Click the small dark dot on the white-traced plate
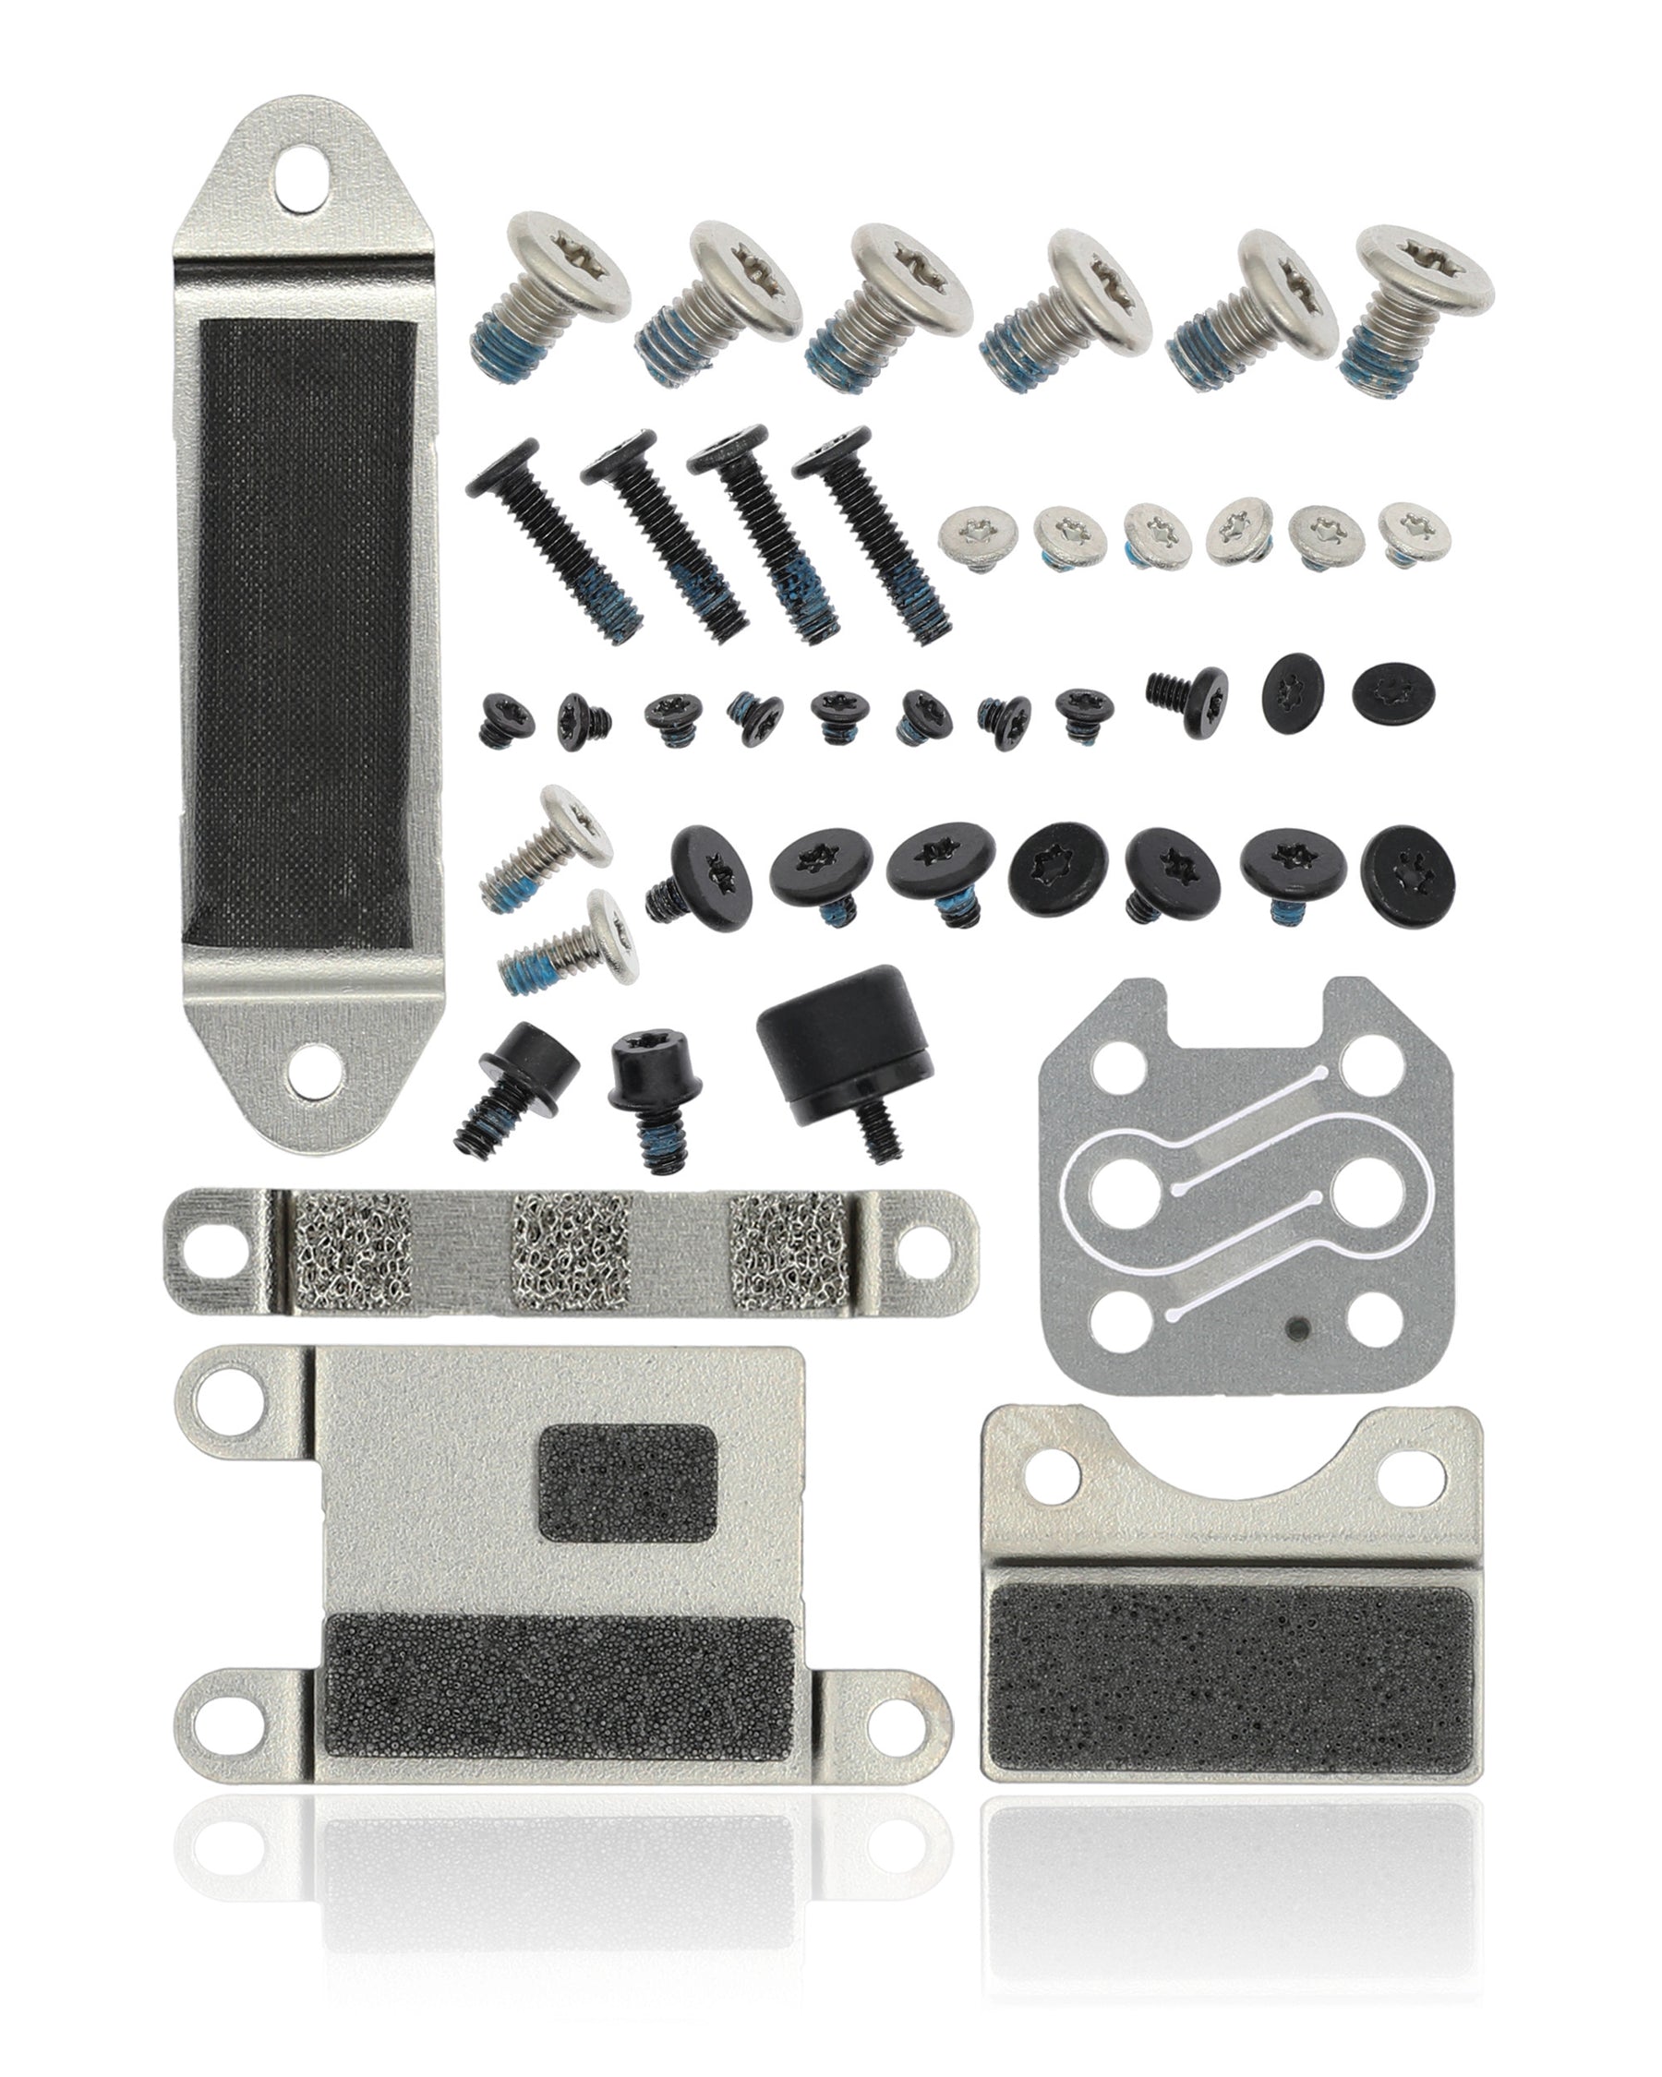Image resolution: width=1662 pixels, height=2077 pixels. pos(1297,1329)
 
